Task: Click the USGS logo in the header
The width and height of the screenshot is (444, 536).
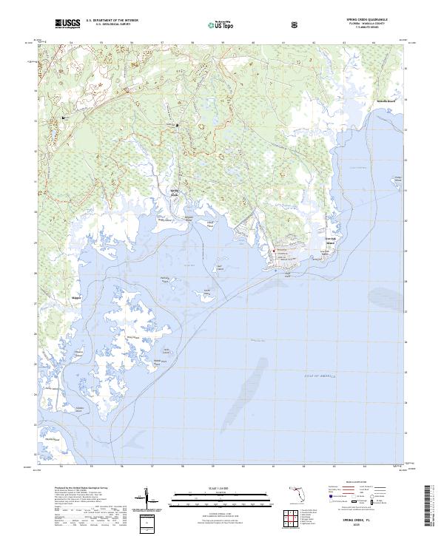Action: tap(67, 24)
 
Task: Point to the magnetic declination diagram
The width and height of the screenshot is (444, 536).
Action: tap(151, 502)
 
